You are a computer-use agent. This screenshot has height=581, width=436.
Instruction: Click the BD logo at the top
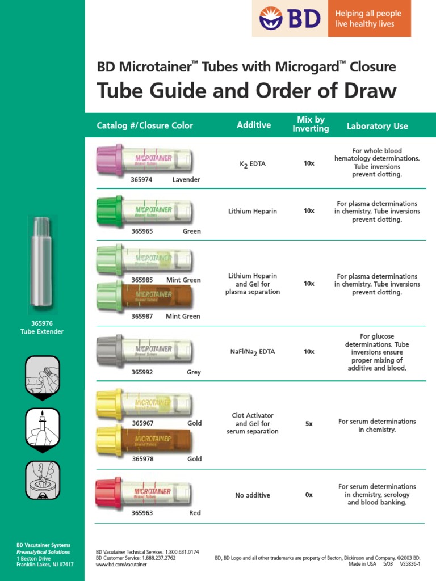point(290,18)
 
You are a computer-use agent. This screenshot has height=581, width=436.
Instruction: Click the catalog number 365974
point(142,179)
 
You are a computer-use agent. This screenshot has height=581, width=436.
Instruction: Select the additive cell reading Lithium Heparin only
point(253,211)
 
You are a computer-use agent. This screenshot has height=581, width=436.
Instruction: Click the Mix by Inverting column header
point(311,124)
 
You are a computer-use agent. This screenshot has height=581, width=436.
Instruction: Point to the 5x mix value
point(309,424)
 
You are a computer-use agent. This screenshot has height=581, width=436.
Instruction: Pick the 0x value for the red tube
point(309,495)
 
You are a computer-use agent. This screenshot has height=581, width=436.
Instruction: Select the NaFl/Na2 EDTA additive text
point(253,352)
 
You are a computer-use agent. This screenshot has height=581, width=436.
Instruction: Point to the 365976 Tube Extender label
point(42,327)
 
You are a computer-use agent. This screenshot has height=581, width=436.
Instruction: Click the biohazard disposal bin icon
point(42,480)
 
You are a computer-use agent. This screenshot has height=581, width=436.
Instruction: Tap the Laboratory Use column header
point(377,126)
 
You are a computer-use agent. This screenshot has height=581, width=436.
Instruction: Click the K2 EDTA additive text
point(253,164)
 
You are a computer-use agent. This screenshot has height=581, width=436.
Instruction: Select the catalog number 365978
point(142,459)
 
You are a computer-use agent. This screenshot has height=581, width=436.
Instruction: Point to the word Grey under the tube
point(194,372)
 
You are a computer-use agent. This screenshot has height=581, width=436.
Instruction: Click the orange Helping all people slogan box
point(369,19)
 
